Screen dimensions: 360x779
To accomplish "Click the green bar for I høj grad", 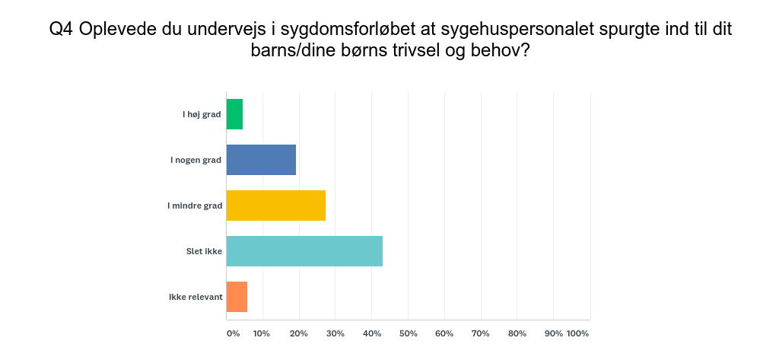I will pyautogui.click(x=234, y=114).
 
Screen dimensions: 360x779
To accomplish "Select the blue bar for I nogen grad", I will pyautogui.click(x=261, y=160).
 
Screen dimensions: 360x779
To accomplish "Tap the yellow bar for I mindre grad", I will pyautogui.click(x=275, y=205).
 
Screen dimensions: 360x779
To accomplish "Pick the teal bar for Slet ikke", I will pyautogui.click(x=304, y=251).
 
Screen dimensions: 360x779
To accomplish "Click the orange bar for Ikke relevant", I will pyautogui.click(x=237, y=297).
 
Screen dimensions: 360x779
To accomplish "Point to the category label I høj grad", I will pyautogui.click(x=202, y=114).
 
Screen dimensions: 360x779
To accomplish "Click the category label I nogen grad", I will pyautogui.click(x=196, y=160).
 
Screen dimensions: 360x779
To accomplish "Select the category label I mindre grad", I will pyautogui.click(x=195, y=205).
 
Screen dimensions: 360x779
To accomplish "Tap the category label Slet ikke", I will pyautogui.click(x=204, y=251).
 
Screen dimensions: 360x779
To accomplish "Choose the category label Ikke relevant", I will pyautogui.click(x=196, y=297).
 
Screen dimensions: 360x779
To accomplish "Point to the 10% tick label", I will pyautogui.click(x=262, y=333).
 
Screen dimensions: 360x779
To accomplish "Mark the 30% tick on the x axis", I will pyautogui.click(x=335, y=333).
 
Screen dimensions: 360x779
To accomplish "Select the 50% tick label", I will pyautogui.click(x=408, y=333).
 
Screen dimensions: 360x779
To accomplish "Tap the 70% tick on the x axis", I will pyautogui.click(x=481, y=333).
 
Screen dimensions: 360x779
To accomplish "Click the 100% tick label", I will pyautogui.click(x=578, y=333).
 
